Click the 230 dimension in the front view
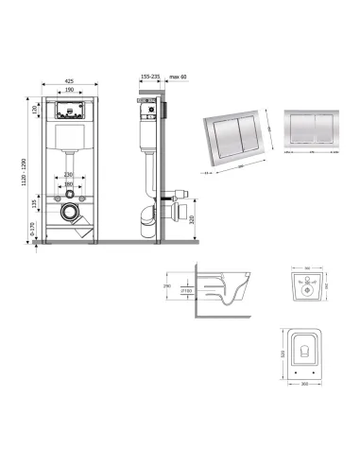pyautogui.click(x=69, y=174)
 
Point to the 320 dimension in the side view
pyautogui.click(x=193, y=220)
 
